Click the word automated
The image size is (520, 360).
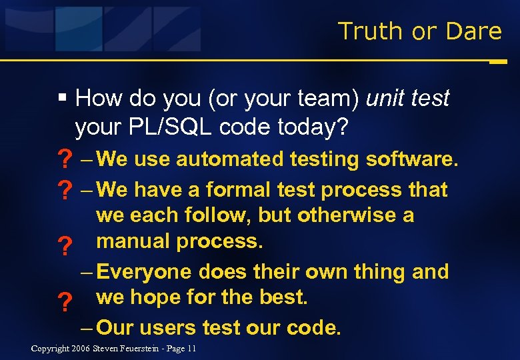coord(231,159)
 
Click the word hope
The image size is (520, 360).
coord(156,297)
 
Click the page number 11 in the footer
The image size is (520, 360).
coord(192,349)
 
